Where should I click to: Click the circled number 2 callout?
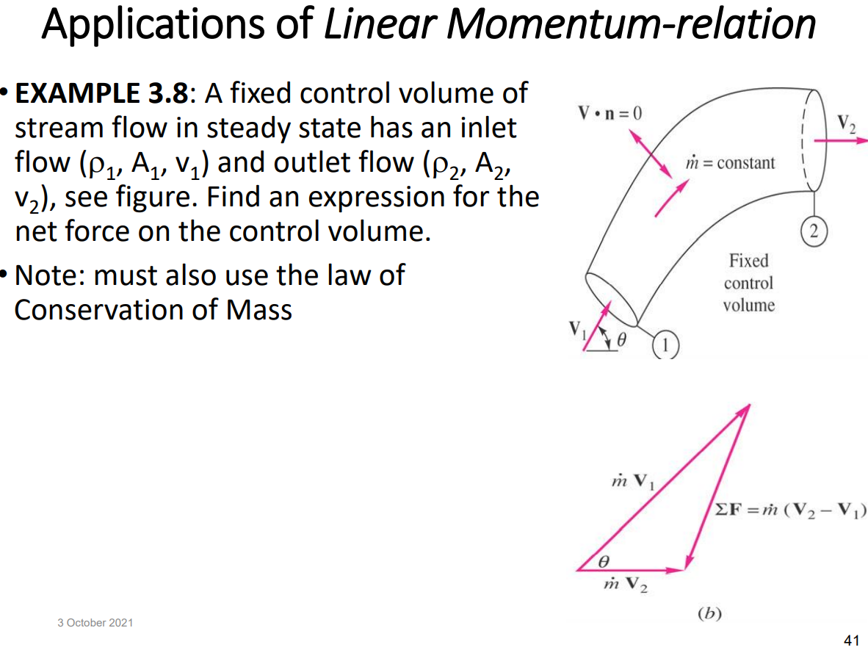[x=813, y=232]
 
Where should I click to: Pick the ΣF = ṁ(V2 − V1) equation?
[x=789, y=510]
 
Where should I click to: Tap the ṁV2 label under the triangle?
[x=623, y=586]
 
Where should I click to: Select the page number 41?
[x=852, y=640]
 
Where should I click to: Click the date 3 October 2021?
[x=95, y=623]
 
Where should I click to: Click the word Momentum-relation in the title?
[x=630, y=24]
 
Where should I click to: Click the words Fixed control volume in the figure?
[x=748, y=283]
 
